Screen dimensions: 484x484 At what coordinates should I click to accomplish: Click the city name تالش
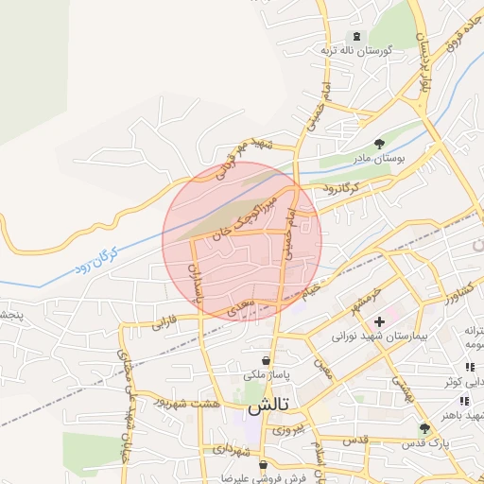[x=269, y=409]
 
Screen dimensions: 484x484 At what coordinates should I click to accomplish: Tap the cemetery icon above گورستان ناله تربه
[x=355, y=35]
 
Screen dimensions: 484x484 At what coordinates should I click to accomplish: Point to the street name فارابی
[x=164, y=324]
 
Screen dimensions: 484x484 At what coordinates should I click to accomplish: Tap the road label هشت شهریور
[x=216, y=403]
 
